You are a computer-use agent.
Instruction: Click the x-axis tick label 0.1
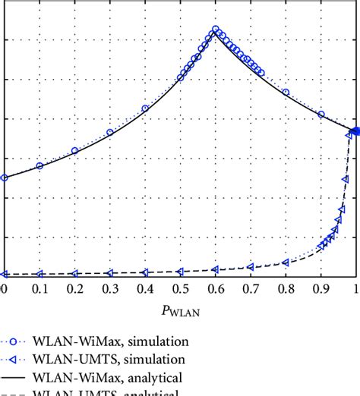(39, 289)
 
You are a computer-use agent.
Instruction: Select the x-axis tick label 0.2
(74, 289)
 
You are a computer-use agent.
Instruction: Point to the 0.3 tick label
(109, 289)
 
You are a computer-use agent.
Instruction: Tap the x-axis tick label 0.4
(145, 289)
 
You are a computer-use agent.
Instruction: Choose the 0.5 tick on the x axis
(180, 289)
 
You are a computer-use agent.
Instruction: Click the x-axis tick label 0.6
(215, 289)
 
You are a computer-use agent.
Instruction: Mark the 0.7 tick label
(251, 289)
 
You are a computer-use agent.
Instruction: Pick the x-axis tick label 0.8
(286, 289)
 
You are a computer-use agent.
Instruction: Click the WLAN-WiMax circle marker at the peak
(216, 30)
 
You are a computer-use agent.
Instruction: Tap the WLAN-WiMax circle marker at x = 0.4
(145, 108)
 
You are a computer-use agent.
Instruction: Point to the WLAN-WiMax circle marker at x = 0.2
(74, 151)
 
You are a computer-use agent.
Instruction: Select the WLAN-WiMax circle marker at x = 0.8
(286, 93)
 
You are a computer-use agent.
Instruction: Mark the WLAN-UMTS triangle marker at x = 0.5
(180, 271)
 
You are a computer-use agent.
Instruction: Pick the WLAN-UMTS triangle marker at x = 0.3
(109, 273)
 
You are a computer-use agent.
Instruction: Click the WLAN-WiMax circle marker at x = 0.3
(110, 132)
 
